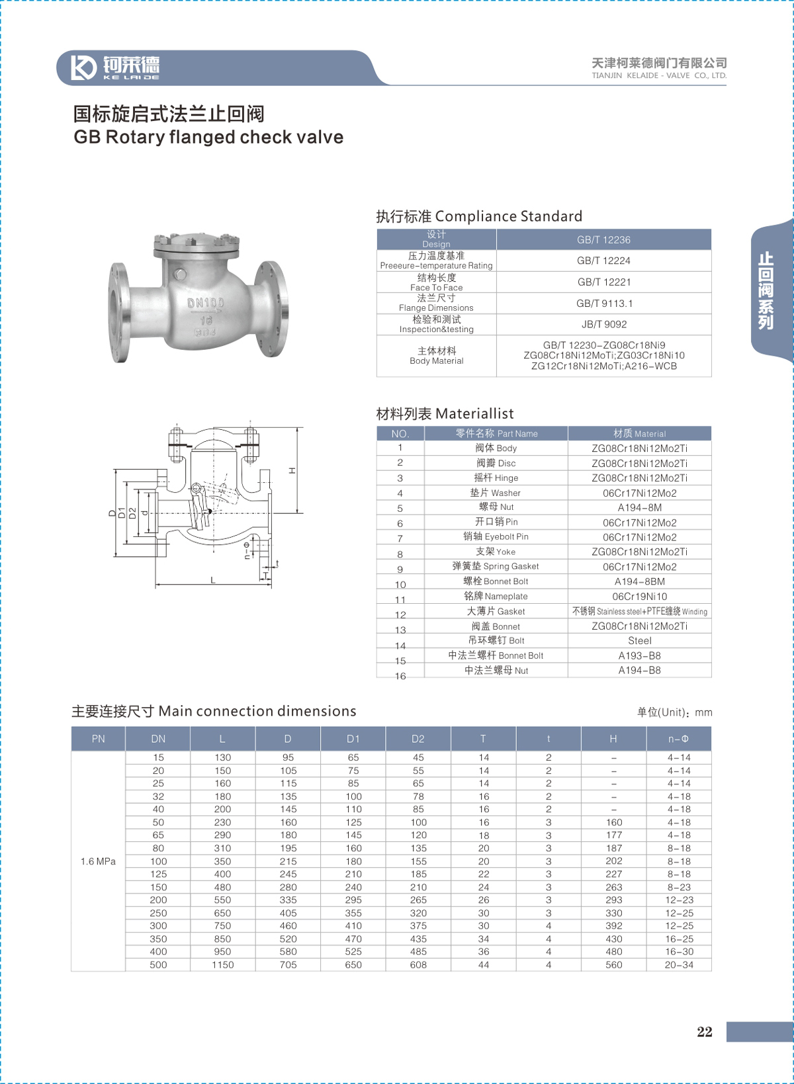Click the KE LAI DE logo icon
pos(83,67)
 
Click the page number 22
pos(705,1032)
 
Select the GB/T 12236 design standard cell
pos(603,239)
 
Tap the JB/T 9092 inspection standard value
pos(603,324)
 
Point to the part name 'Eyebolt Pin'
pos(496,536)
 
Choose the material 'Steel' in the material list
pos(639,640)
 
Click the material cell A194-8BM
pos(639,581)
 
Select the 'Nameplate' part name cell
pos(496,596)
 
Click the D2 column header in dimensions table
pos(418,739)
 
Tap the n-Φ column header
pos(678,739)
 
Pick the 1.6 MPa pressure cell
pos(98,861)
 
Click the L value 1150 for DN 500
pos(223,965)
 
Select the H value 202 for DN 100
pos(613,861)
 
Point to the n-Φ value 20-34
pos(679,965)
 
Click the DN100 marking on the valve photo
pos(206,303)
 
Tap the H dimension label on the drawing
pos(292,470)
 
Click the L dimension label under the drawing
pos(213,580)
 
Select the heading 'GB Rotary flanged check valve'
pos(208,137)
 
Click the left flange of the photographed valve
pos(119,312)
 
